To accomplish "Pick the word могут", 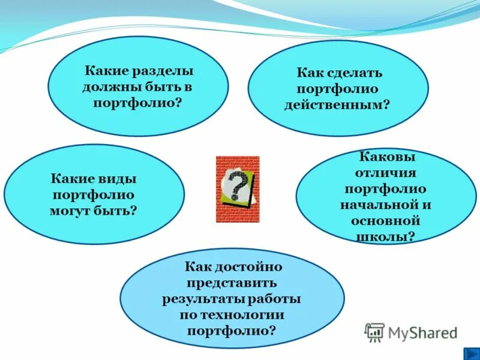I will [73, 211].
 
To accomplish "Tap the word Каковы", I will [387, 157].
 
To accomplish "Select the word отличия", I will [387, 173].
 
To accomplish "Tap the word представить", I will [232, 283].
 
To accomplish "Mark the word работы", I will [272, 299].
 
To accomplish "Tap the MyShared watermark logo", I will [411, 332].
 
